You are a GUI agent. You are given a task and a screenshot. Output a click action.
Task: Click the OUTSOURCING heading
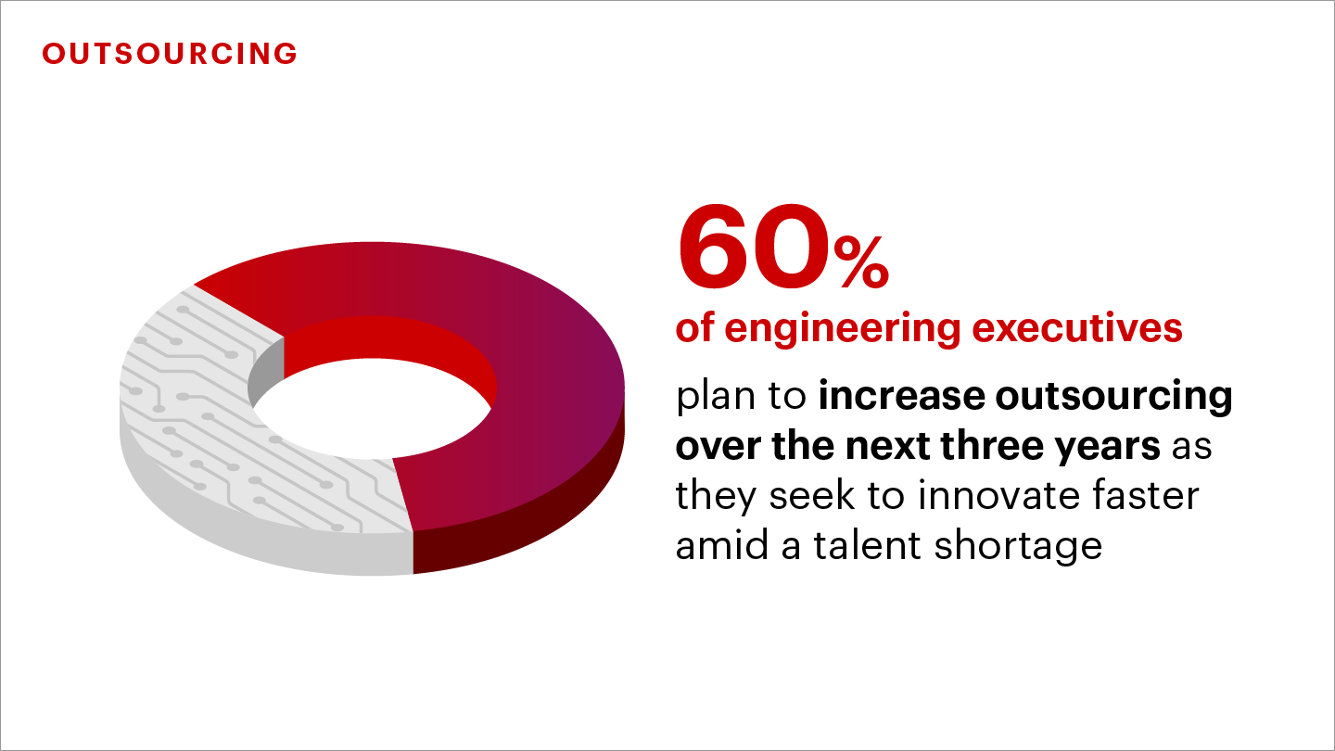coord(170,54)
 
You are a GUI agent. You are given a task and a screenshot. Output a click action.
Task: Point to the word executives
coord(1077,328)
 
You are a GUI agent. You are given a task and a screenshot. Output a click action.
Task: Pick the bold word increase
coord(902,396)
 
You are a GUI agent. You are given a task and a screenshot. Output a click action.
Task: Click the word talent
coord(868,545)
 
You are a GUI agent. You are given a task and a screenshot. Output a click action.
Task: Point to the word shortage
coord(1018,547)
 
